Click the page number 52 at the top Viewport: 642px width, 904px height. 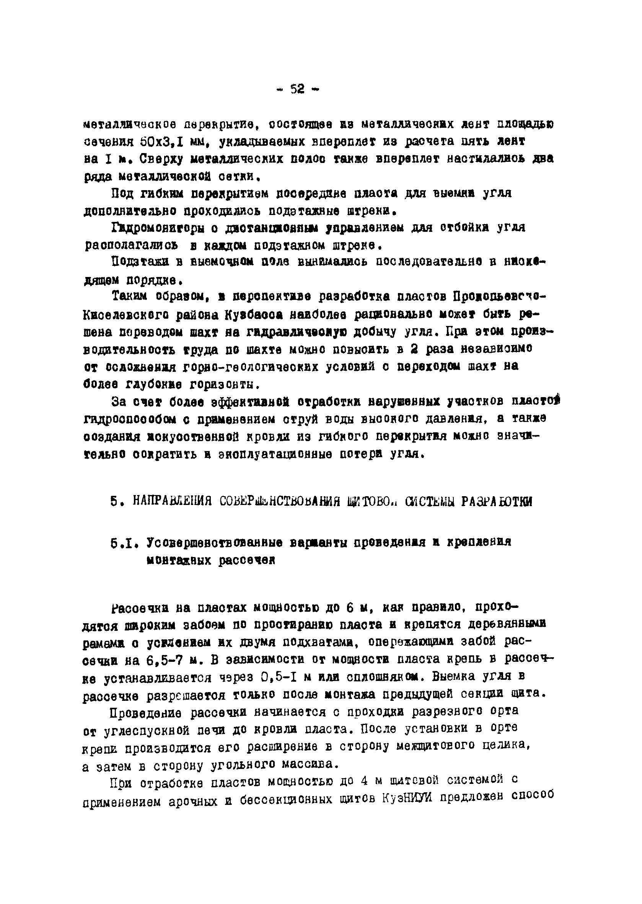pos(297,90)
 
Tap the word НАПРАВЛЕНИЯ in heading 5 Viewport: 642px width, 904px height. pos(171,502)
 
